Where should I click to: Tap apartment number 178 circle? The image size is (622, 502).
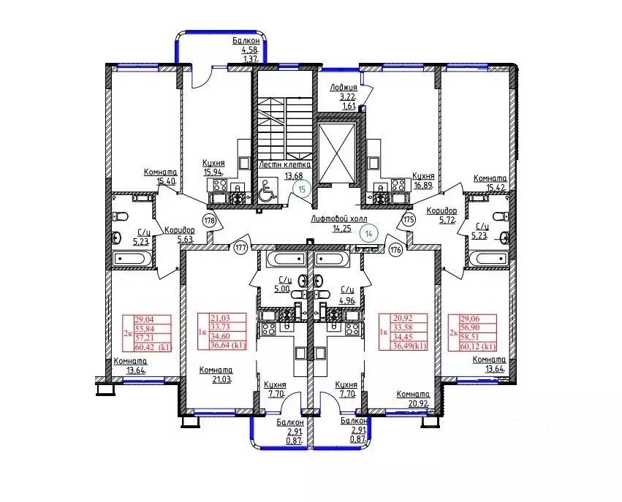click(x=210, y=220)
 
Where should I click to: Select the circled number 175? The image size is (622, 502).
click(x=409, y=219)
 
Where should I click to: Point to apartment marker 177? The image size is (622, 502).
click(x=240, y=248)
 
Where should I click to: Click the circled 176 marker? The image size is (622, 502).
click(x=396, y=250)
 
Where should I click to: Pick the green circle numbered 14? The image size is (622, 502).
click(x=369, y=234)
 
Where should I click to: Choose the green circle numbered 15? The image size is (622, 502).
click(x=303, y=189)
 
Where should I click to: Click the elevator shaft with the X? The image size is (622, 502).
click(x=337, y=153)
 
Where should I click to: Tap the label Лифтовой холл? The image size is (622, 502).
click(x=339, y=219)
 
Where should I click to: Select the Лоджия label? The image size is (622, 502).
click(x=344, y=87)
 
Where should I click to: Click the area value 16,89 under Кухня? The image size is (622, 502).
click(x=423, y=185)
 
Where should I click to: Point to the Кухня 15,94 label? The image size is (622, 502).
click(x=213, y=168)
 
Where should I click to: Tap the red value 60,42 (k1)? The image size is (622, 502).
click(x=153, y=347)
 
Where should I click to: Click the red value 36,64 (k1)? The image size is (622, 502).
click(x=229, y=346)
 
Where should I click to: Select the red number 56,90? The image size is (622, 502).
click(x=470, y=327)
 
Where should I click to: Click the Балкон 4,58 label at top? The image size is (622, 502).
click(x=246, y=45)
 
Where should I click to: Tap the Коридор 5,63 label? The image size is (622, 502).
click(x=180, y=235)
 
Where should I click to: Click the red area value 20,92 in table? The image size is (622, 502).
click(x=402, y=318)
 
